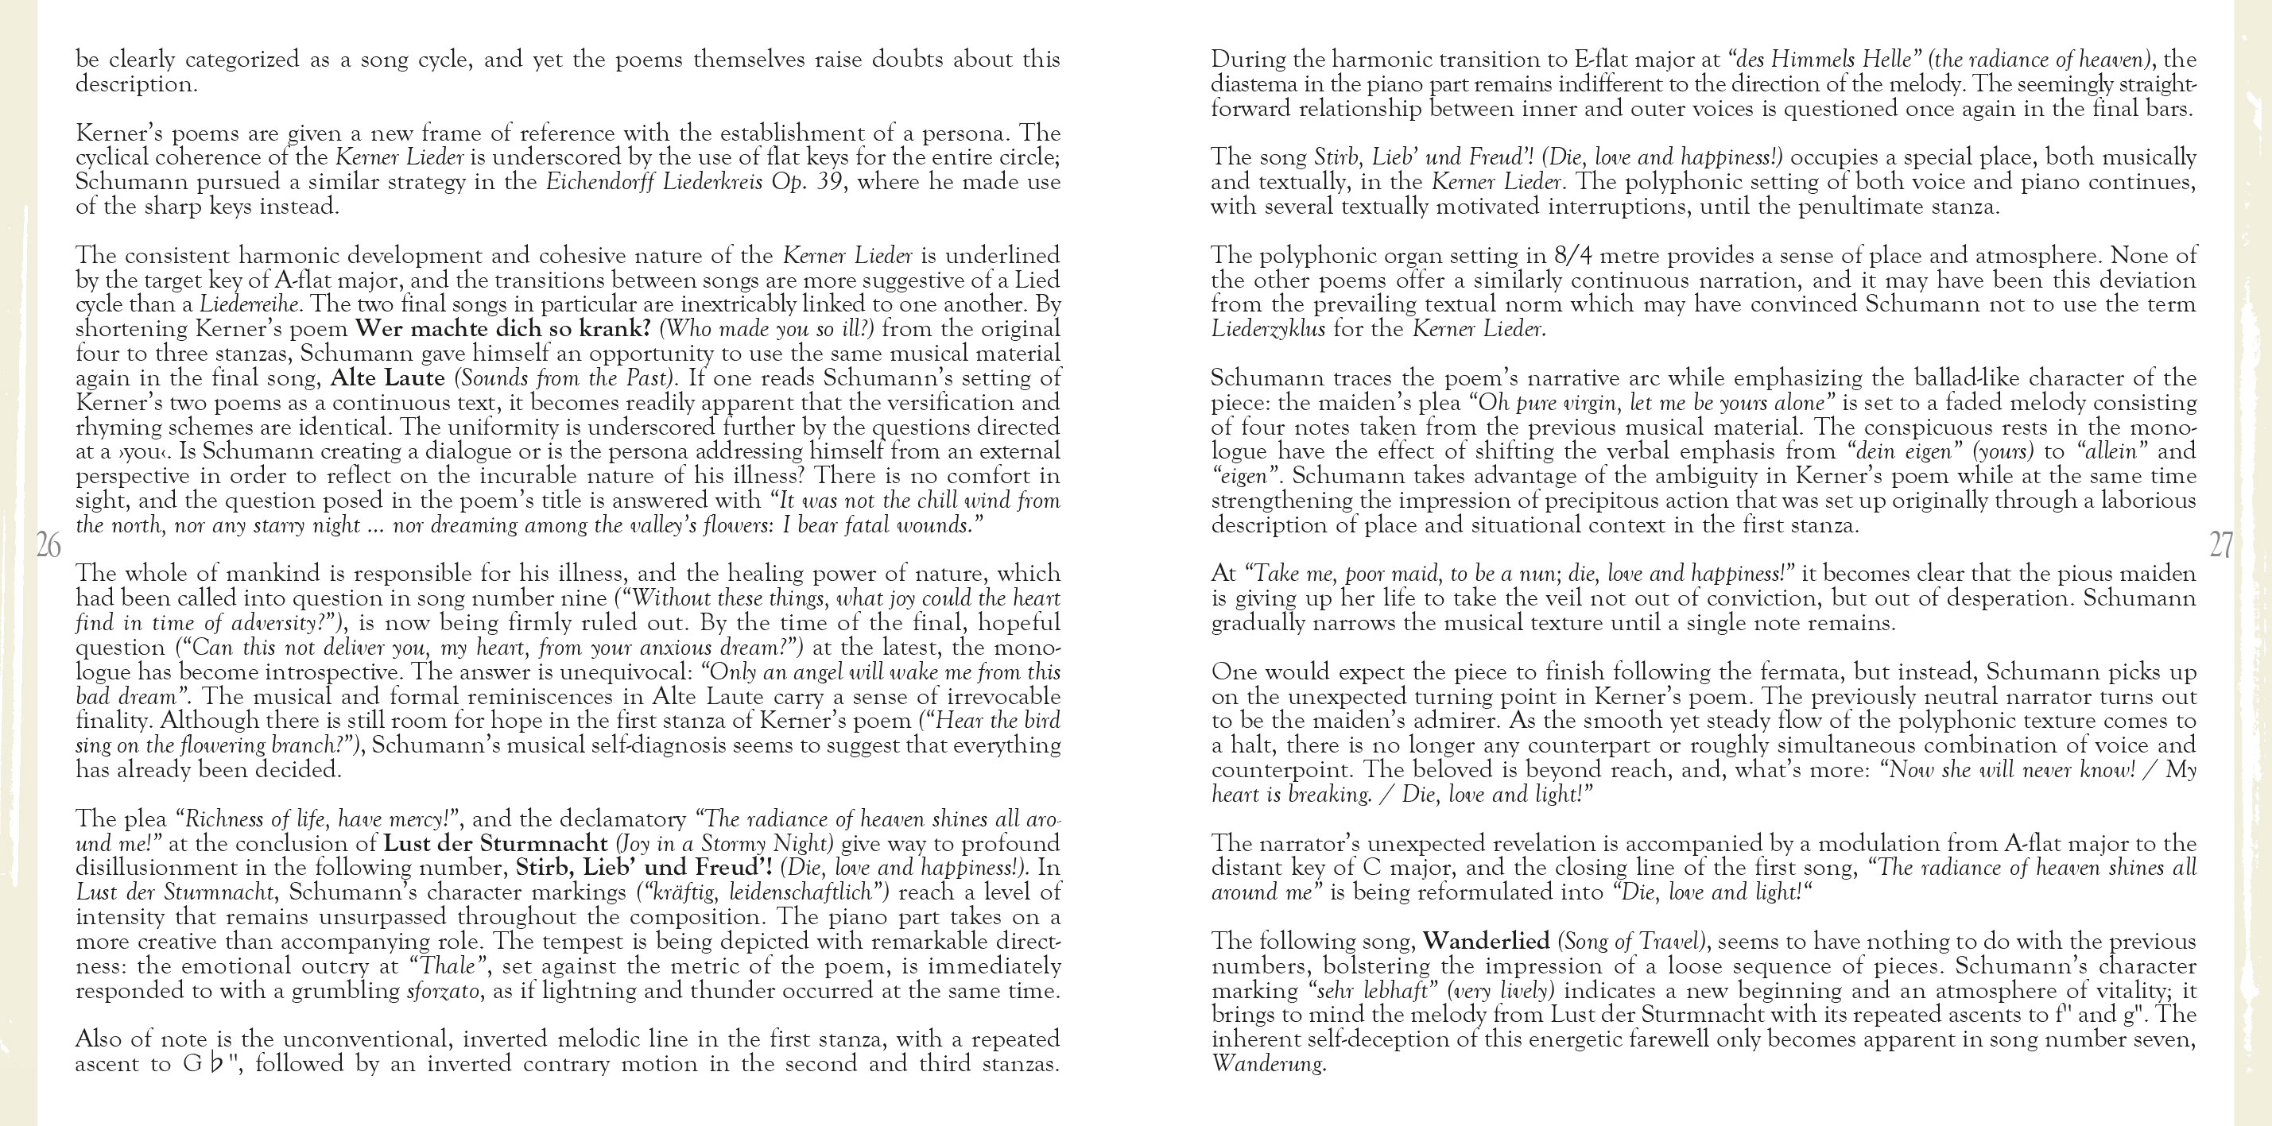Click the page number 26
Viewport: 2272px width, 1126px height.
(x=48, y=546)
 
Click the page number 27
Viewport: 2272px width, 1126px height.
(x=2221, y=546)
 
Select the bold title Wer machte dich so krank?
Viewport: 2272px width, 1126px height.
(x=502, y=329)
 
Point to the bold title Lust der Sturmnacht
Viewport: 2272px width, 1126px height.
(x=508, y=843)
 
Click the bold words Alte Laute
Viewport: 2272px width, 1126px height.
(x=388, y=378)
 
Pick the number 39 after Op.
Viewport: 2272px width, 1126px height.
(x=824, y=183)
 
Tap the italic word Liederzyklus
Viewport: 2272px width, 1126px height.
(x=1268, y=330)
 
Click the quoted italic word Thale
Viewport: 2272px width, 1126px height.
(x=445, y=966)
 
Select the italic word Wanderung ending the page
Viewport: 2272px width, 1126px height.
(x=1267, y=1064)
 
